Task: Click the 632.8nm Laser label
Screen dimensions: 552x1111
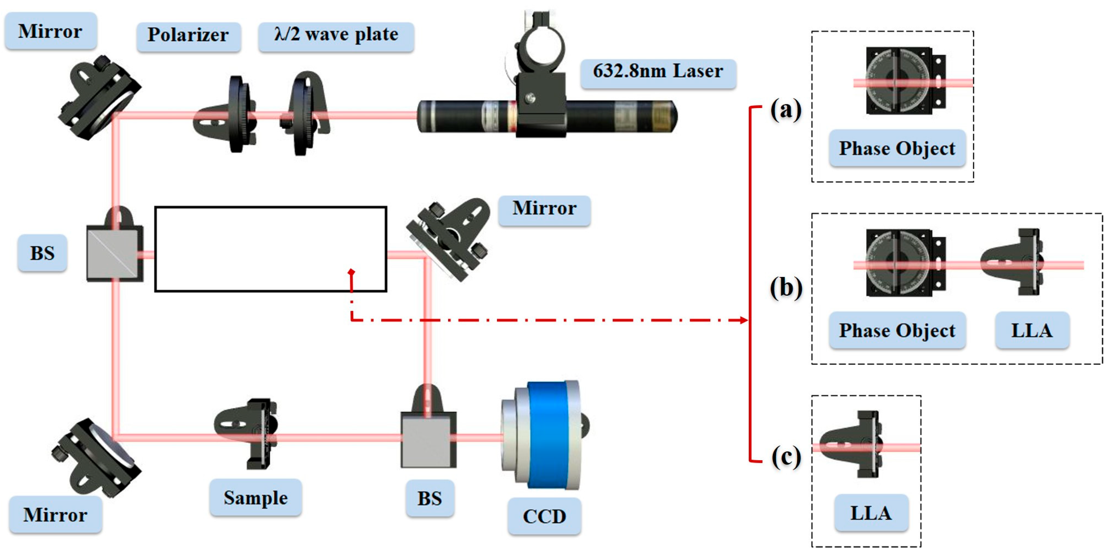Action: click(x=658, y=71)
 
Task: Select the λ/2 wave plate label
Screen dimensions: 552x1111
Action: click(x=336, y=35)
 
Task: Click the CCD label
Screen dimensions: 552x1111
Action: click(x=544, y=516)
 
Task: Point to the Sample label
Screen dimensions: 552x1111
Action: click(x=255, y=498)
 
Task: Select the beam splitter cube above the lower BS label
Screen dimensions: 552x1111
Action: click(x=428, y=440)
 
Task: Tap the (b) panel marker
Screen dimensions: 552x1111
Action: click(x=786, y=288)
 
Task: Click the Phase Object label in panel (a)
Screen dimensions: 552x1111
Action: click(x=897, y=148)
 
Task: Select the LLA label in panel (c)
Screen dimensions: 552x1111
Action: click(x=871, y=513)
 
